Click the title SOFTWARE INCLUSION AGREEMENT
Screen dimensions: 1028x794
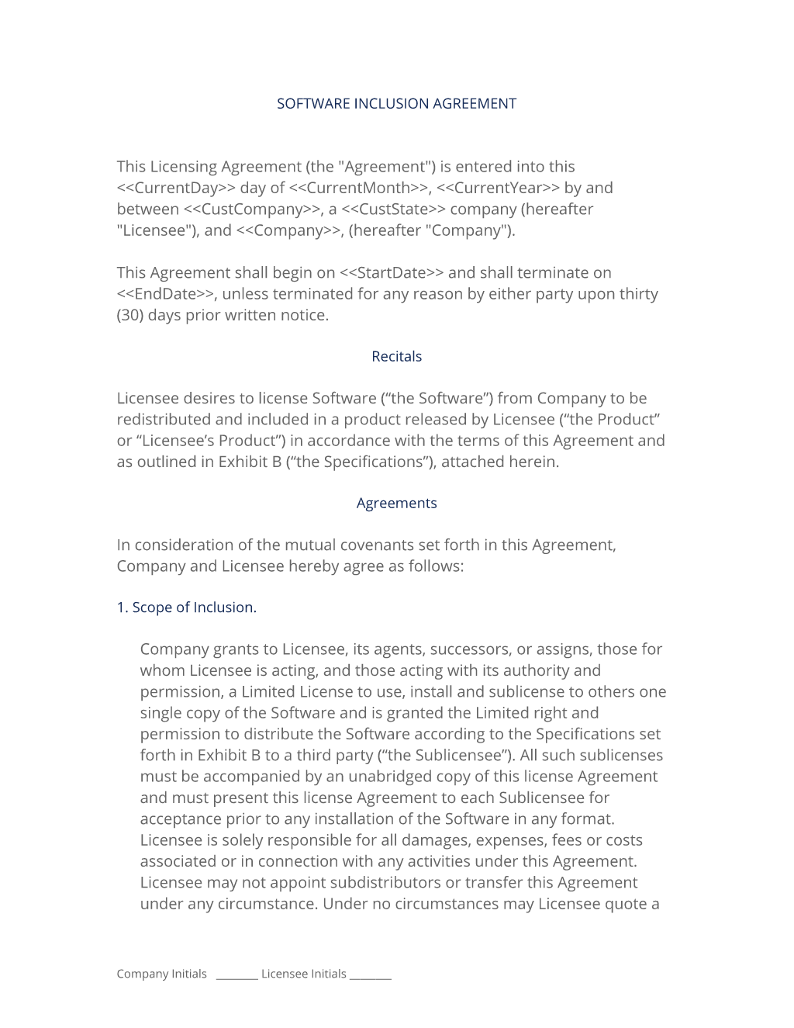pyautogui.click(x=396, y=104)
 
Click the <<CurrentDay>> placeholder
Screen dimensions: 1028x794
pyautogui.click(x=176, y=188)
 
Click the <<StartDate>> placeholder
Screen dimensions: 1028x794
pyautogui.click(x=391, y=273)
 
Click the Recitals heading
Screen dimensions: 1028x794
pyautogui.click(x=396, y=357)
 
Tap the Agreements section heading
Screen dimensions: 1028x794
pyautogui.click(x=396, y=504)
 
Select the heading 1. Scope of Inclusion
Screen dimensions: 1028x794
pyautogui.click(x=186, y=607)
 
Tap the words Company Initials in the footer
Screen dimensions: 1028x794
pyautogui.click(x=161, y=974)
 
